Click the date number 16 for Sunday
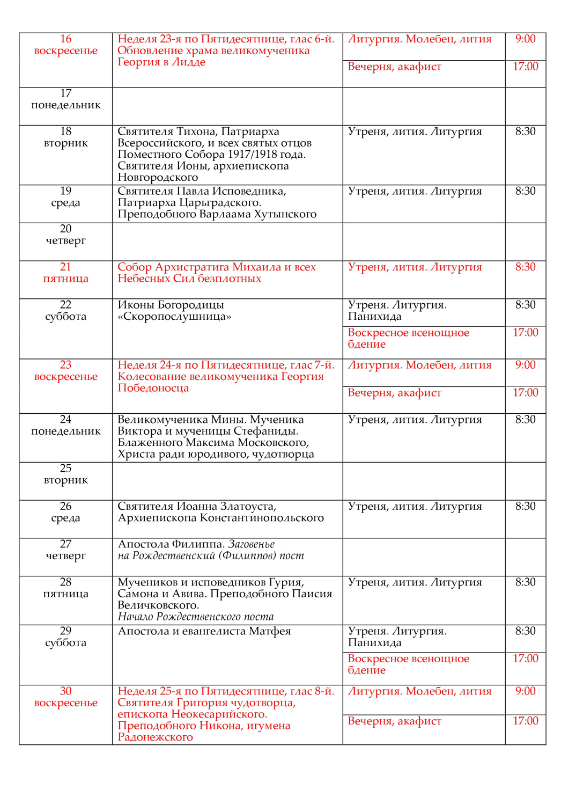65,39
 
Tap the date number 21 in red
65,267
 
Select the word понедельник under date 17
65,105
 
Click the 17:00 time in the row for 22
525,333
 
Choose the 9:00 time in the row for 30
525,691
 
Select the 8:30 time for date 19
525,192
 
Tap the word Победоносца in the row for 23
153,388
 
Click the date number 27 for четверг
65,544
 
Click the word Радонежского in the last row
156,737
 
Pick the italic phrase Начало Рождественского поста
196,617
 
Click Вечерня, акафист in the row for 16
395,67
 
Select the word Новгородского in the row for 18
158,178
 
